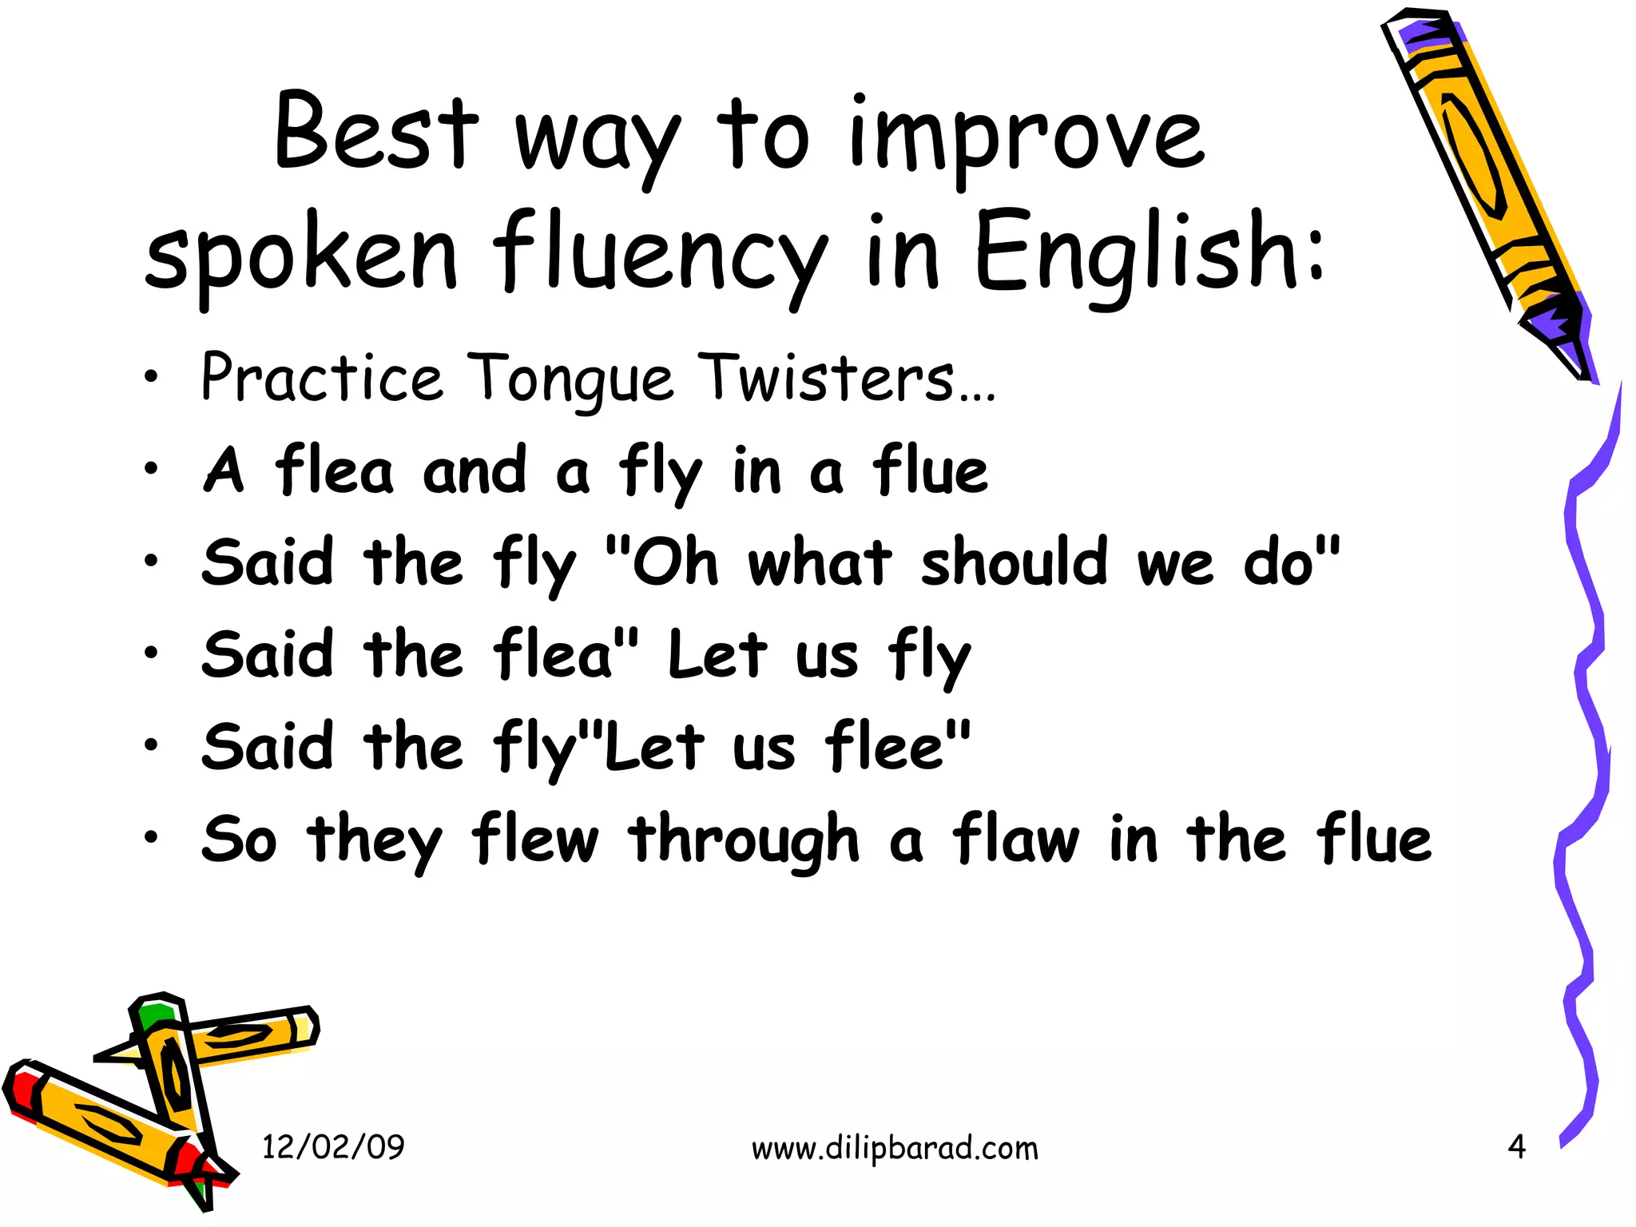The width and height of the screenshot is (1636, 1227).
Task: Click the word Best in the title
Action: (x=375, y=132)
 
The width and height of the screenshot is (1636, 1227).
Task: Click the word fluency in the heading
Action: (x=659, y=256)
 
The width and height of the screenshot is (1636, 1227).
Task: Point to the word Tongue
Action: (x=570, y=379)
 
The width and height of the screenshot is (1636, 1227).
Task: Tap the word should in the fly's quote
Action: (x=1015, y=562)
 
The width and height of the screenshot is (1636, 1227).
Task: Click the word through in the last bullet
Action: (x=744, y=840)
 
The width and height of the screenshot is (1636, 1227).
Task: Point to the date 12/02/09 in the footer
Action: (x=333, y=1147)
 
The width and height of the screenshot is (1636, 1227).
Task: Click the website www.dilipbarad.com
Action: (x=895, y=1149)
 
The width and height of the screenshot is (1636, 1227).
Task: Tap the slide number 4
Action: (x=1516, y=1147)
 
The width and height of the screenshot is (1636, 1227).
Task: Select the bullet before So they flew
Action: (x=151, y=838)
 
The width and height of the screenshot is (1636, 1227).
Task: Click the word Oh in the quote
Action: (x=675, y=562)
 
